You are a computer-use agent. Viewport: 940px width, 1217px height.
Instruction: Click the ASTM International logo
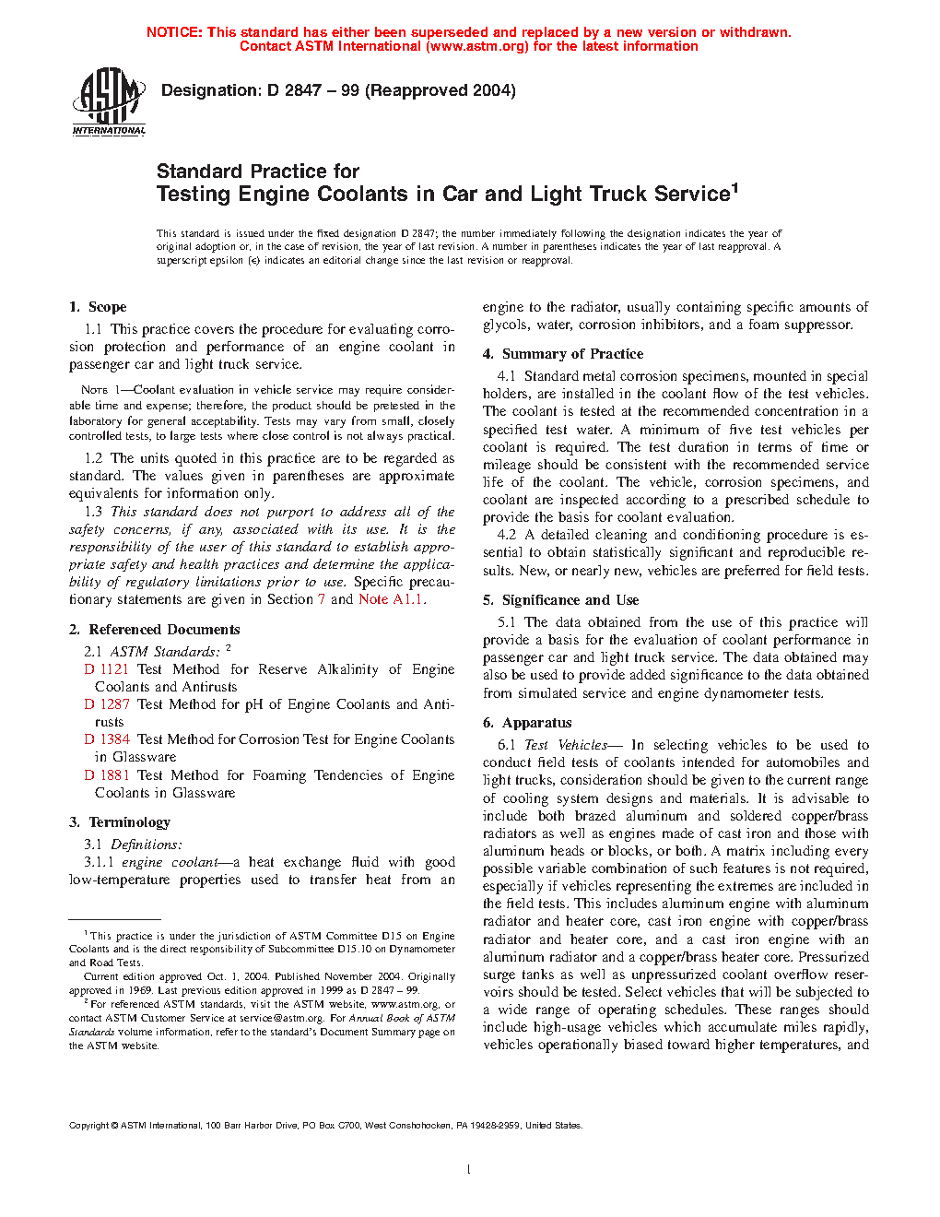coord(108,102)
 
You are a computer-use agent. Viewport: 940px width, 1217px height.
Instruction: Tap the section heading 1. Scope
coord(98,307)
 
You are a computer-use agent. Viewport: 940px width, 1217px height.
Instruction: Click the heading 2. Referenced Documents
coord(154,630)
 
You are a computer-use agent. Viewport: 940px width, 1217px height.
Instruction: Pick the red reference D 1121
coord(107,669)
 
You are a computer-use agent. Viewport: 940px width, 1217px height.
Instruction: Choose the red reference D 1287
coord(107,704)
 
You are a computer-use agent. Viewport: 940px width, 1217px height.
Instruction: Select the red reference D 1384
coord(107,739)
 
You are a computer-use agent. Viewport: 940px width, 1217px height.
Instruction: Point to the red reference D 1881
coord(107,775)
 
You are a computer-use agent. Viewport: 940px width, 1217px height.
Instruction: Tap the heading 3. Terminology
coord(120,822)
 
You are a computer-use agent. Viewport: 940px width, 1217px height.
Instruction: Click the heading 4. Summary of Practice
coord(563,354)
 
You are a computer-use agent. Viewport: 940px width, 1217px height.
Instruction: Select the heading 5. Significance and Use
coord(560,600)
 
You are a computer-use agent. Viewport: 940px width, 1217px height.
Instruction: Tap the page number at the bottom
coord(469,1170)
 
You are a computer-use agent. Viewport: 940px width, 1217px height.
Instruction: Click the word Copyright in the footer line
coord(89,1126)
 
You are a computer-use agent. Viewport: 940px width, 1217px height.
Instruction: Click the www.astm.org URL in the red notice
coord(477,46)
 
